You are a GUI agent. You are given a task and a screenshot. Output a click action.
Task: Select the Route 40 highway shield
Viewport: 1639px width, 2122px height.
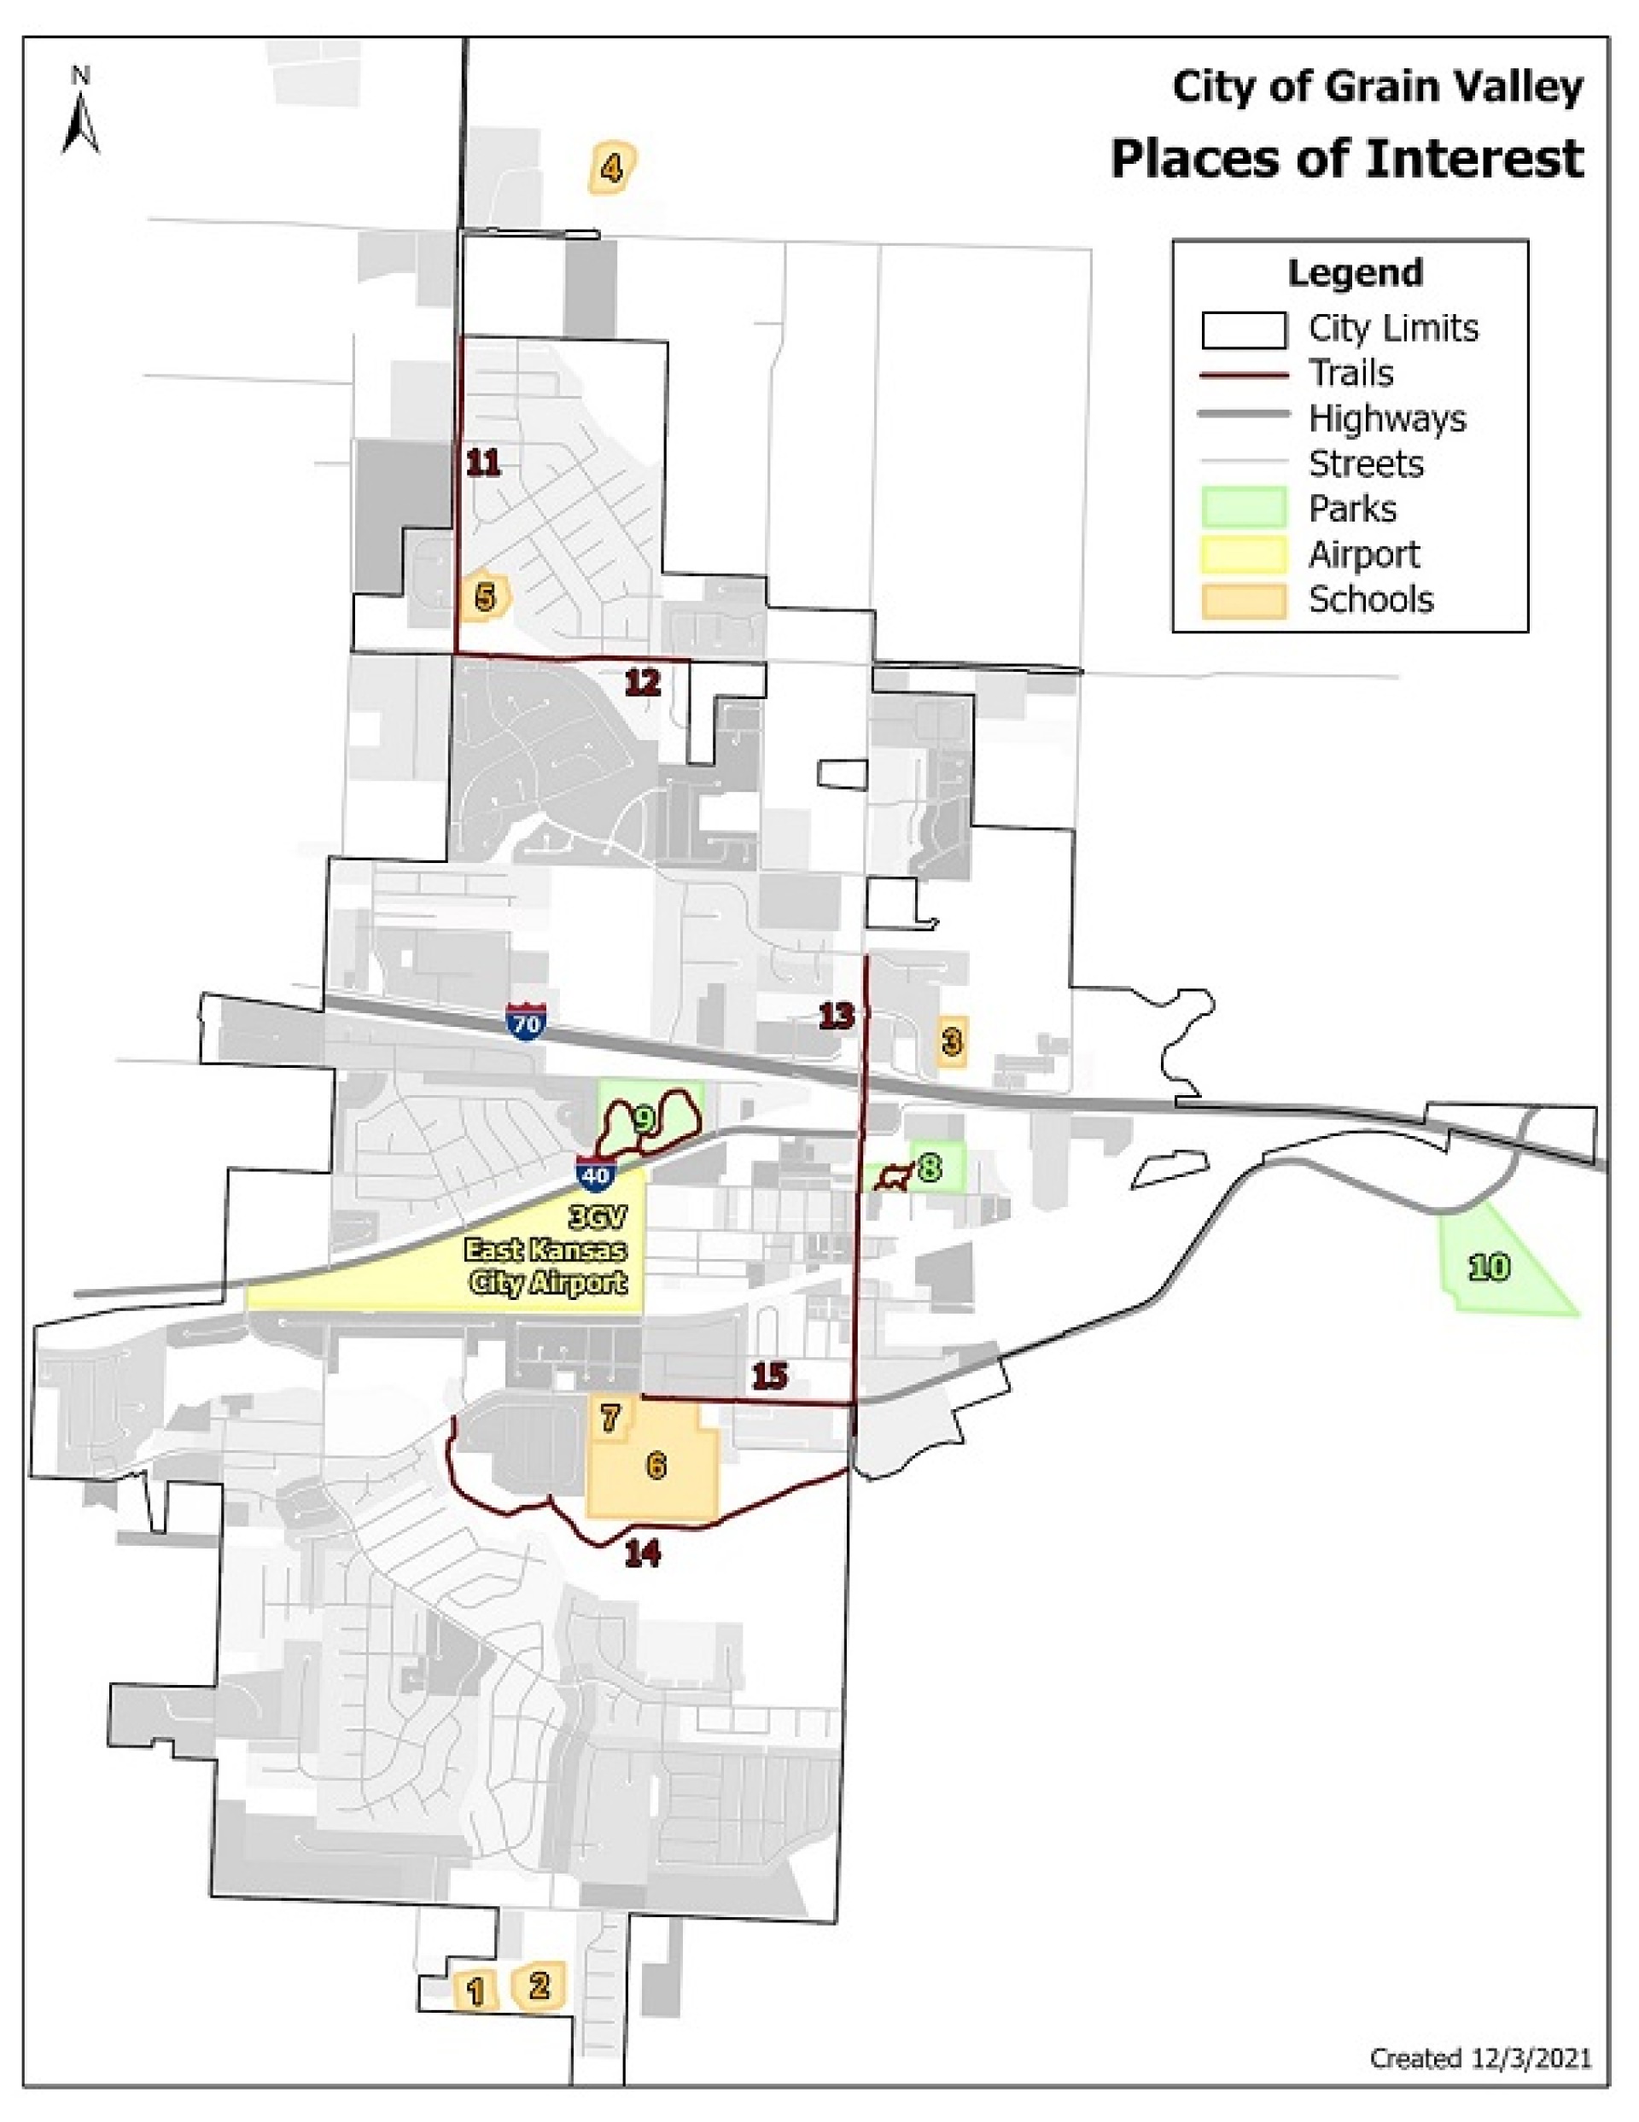coord(596,1173)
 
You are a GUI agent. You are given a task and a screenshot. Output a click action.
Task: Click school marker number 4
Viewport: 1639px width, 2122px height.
coord(611,169)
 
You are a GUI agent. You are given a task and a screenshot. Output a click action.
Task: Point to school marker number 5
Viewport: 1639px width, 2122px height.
coord(485,597)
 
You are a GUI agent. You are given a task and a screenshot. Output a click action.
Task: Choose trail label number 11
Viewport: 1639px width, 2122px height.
coord(484,463)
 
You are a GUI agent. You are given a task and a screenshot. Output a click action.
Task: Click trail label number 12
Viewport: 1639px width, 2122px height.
coord(642,683)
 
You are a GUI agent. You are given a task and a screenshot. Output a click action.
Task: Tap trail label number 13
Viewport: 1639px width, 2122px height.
coord(837,1017)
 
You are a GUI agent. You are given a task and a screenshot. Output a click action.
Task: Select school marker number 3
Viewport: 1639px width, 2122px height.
coord(952,1041)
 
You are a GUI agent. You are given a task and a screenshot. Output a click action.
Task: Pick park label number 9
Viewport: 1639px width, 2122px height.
coord(643,1119)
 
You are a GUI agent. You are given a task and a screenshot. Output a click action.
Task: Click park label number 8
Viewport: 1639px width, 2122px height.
coord(930,1167)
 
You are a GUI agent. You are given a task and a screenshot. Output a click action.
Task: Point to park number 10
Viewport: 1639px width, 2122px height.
coord(1490,1267)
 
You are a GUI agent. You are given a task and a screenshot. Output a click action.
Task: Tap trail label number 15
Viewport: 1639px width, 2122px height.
coord(769,1376)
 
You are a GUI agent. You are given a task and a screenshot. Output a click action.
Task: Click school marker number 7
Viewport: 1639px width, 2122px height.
coord(610,1418)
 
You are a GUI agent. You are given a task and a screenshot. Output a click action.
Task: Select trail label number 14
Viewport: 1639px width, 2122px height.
coord(643,1554)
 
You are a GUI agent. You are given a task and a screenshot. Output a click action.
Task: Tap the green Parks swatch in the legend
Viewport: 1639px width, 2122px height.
coord(1244,509)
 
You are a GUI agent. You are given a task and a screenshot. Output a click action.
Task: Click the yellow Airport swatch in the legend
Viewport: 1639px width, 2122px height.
coord(1244,555)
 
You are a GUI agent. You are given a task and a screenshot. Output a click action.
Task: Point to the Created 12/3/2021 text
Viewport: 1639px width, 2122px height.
coord(1479,2058)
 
